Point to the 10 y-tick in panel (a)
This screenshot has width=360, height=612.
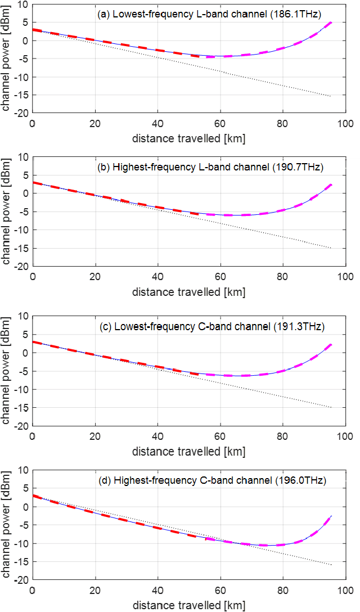[x=22, y=4]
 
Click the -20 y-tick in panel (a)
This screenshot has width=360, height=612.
[x=20, y=114]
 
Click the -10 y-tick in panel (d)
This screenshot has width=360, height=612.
[x=20, y=543]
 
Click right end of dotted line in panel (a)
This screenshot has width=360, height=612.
[x=331, y=96]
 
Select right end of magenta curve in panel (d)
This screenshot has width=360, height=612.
[x=331, y=516]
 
